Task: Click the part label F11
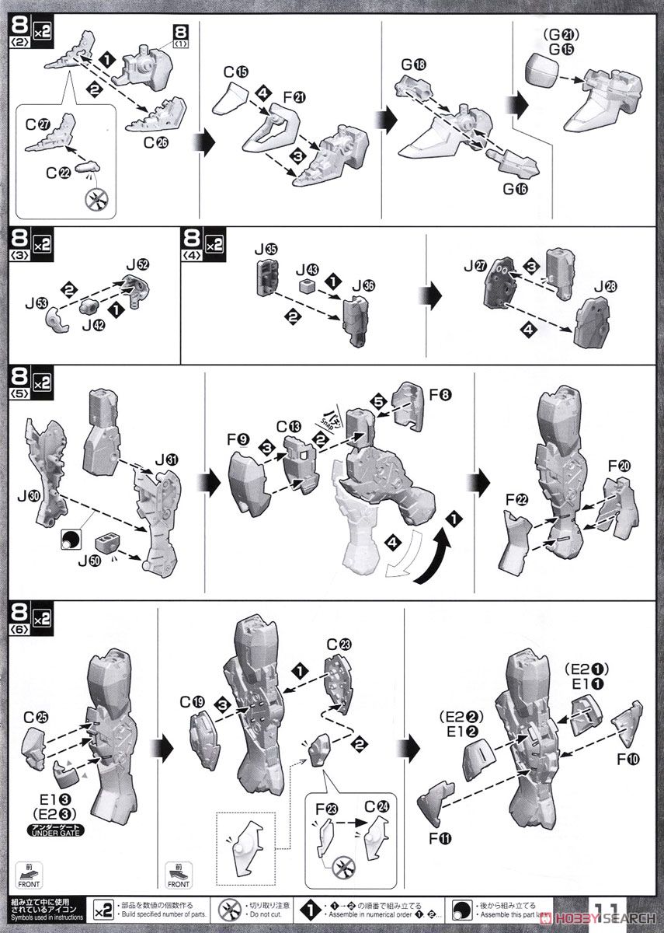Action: coord(452,837)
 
